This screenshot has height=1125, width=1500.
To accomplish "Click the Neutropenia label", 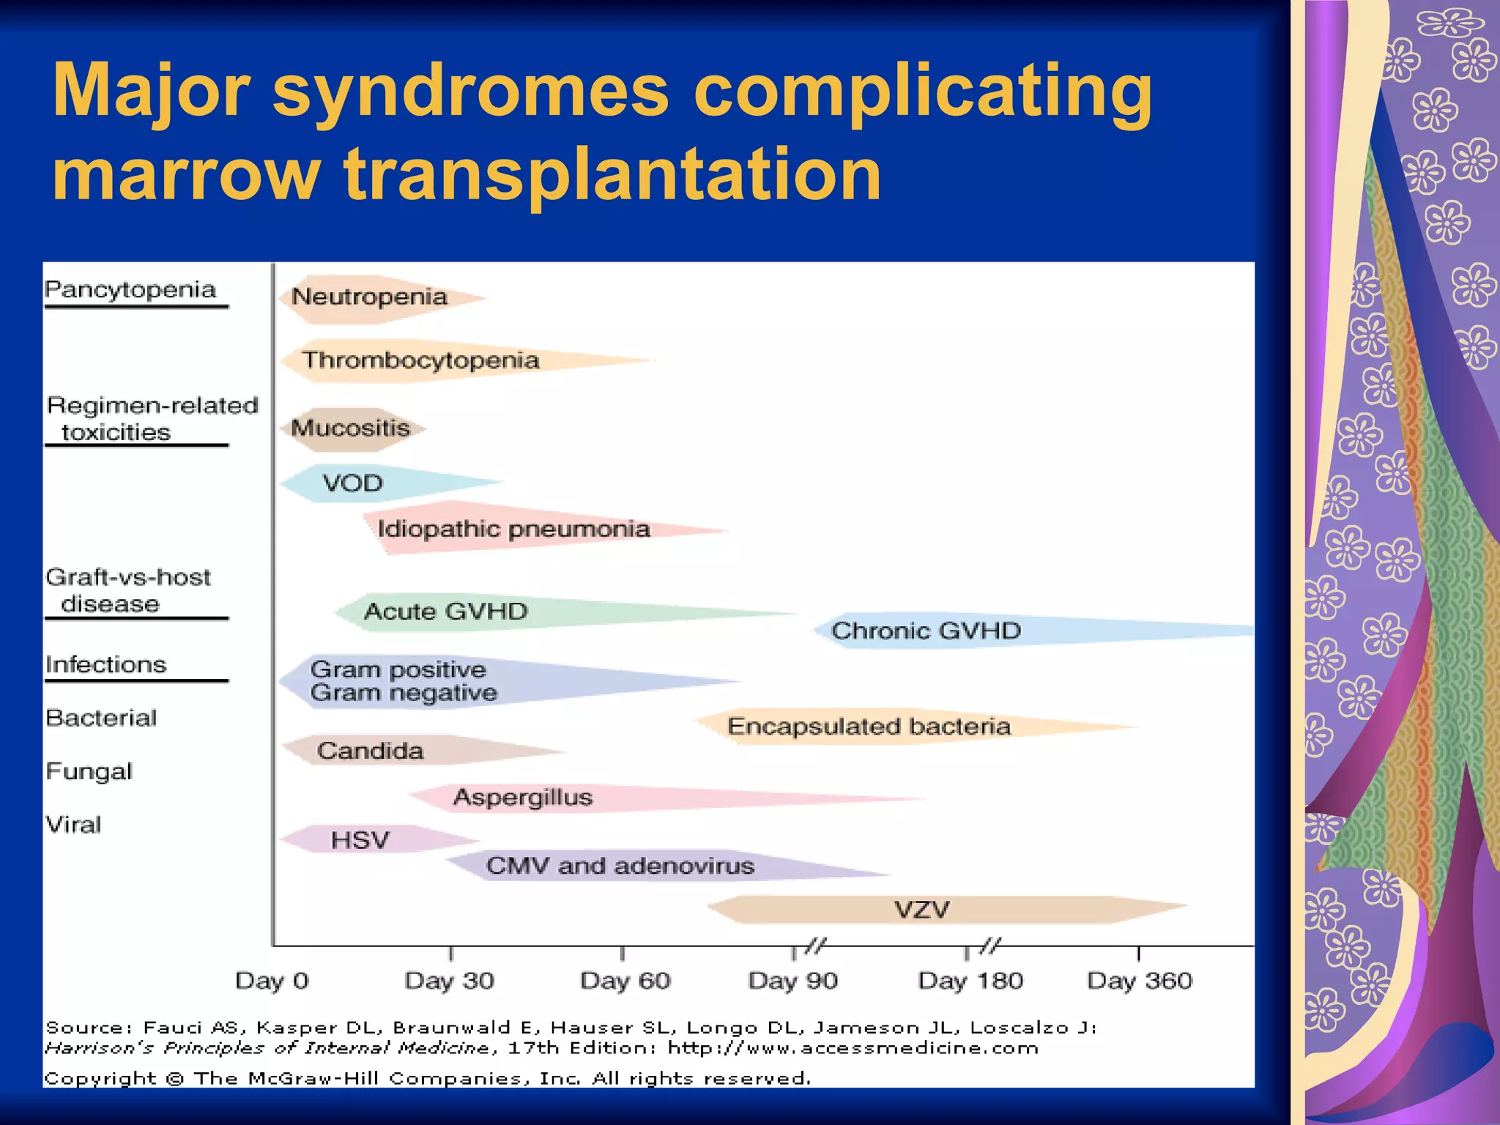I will [x=369, y=297].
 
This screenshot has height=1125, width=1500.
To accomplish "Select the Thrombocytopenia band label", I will [x=420, y=360].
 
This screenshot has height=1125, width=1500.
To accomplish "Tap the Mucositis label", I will [x=350, y=428].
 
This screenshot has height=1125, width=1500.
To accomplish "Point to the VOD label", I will [x=352, y=483].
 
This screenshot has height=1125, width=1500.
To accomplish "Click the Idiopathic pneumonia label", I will [x=513, y=529].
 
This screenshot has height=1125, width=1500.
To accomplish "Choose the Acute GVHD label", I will [x=445, y=611].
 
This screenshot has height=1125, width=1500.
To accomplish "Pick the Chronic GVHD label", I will [x=926, y=631].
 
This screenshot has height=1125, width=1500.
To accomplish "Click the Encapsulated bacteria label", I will [x=869, y=726].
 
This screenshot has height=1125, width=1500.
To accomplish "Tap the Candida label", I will [x=370, y=751].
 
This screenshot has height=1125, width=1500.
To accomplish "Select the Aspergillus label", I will [x=522, y=797].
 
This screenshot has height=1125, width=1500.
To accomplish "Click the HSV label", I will [x=360, y=839].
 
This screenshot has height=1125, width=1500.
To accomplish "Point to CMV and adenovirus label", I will [x=620, y=866].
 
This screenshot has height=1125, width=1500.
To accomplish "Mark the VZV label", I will [x=921, y=910].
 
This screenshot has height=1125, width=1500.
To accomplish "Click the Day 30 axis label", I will [x=449, y=980].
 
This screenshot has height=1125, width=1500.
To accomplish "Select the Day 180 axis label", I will [x=970, y=980].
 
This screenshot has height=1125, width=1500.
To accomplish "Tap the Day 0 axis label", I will [x=272, y=980].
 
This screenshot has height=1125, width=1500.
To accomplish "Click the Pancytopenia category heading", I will [x=130, y=289].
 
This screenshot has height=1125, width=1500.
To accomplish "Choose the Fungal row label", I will [x=89, y=771].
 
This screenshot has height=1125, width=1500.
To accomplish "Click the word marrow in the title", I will [x=186, y=174].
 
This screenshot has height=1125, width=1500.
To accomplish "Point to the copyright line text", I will [x=427, y=1078].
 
